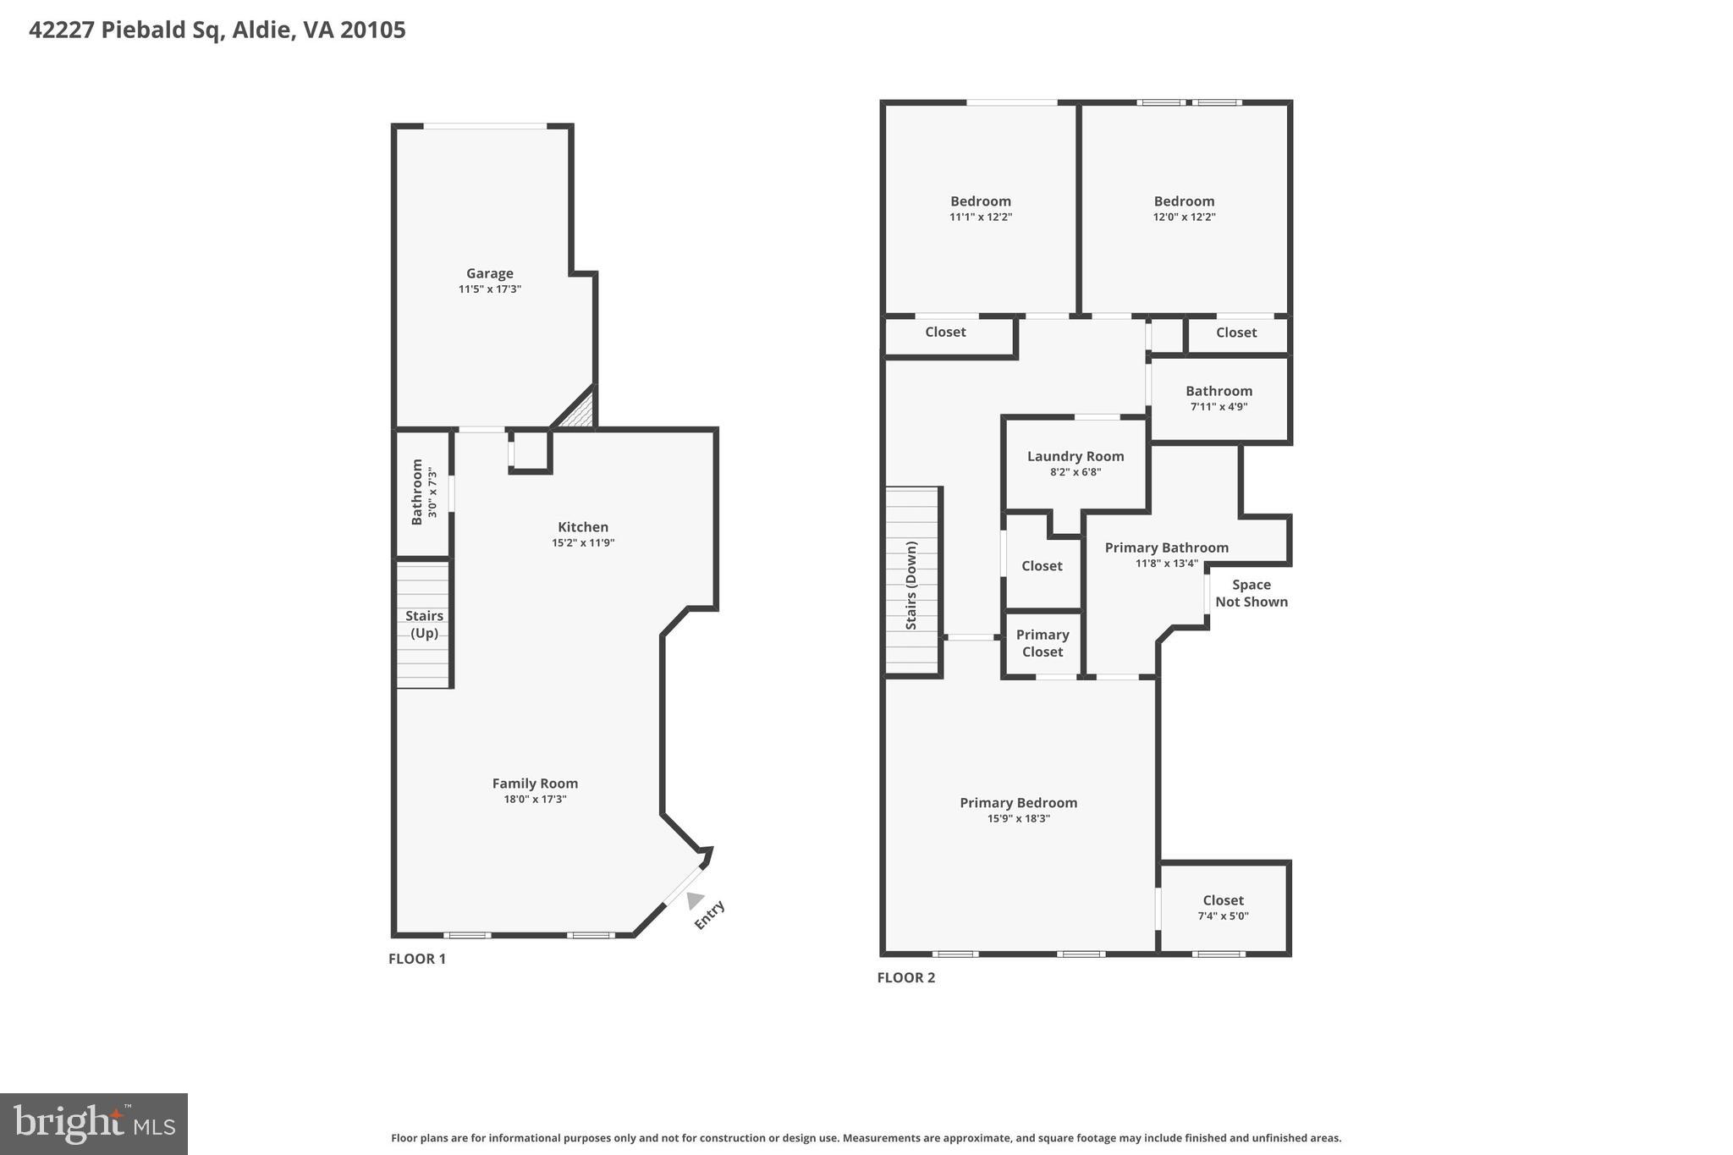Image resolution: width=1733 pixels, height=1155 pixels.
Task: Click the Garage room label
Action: (489, 273)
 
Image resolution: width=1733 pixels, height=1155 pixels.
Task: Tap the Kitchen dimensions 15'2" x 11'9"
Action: (582, 543)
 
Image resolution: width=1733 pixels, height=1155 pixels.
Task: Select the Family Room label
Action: (535, 784)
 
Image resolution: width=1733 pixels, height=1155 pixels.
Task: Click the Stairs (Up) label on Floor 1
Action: (424, 624)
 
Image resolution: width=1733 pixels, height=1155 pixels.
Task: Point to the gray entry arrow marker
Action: (696, 899)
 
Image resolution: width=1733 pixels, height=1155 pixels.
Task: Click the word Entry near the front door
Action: (709, 916)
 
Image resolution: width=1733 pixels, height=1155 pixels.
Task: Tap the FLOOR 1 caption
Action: (416, 959)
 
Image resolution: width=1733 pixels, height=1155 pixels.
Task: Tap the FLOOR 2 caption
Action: (905, 977)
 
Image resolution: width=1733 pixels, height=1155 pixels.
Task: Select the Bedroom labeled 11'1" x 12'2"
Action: (980, 201)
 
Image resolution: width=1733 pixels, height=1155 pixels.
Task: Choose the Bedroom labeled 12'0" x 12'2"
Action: (1184, 201)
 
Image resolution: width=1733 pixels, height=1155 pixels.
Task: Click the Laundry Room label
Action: (1075, 456)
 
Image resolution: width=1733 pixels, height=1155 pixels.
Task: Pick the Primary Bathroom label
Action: (1166, 547)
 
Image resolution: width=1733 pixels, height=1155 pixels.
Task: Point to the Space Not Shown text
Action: (1251, 593)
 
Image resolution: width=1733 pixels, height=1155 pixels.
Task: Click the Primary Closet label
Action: (1042, 643)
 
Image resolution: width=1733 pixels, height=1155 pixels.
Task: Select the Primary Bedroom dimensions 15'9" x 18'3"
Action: (1018, 819)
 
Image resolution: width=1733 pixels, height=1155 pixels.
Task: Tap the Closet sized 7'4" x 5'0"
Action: (1223, 900)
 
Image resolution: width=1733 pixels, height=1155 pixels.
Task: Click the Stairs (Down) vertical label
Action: (911, 586)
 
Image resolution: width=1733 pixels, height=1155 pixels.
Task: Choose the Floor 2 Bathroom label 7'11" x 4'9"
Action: (1219, 391)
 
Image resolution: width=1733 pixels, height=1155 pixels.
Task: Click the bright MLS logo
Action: (94, 1124)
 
